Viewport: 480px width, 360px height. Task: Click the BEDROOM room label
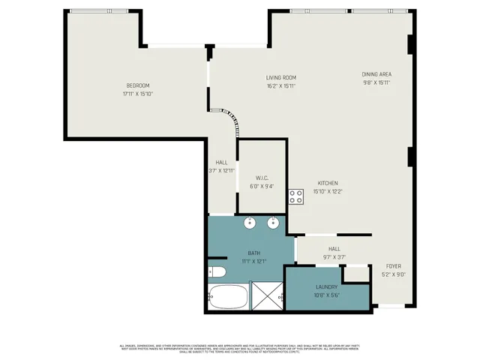137,85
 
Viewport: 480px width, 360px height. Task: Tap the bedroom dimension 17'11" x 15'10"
137,94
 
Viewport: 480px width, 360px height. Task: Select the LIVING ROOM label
281,77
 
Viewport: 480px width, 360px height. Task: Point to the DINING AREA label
376,74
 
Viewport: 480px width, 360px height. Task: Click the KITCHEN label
327,183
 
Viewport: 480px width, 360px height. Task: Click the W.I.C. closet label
261,178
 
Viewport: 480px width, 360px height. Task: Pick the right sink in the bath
274,223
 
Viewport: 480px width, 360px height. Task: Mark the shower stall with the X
266,297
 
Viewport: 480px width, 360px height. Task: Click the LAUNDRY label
327,286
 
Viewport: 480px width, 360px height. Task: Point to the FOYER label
393,266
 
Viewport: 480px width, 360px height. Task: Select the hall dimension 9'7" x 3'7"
334,256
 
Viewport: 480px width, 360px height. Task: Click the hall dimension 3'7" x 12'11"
222,171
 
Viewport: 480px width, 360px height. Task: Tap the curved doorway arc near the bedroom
229,116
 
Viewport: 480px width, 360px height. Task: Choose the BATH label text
253,253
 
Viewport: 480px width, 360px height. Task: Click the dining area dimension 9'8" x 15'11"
376,82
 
